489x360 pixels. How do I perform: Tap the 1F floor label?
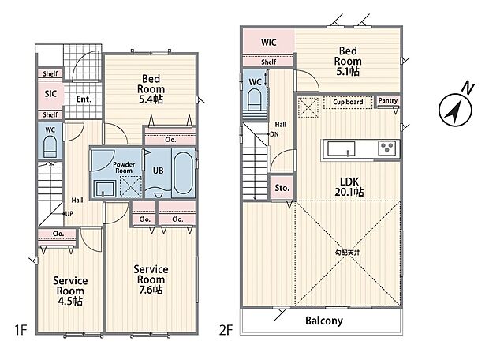[x=21, y=330]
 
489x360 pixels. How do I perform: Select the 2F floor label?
[x=226, y=330]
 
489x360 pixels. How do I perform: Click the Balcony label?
[x=324, y=321]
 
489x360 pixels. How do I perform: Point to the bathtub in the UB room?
[x=183, y=173]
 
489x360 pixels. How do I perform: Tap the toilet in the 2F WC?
[x=254, y=100]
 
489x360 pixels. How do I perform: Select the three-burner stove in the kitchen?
[x=387, y=148]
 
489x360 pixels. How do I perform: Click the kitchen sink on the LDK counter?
[x=341, y=148]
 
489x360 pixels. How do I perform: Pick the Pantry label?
[x=387, y=100]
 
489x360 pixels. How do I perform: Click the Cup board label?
[x=348, y=102]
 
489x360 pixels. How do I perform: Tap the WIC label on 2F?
[x=268, y=42]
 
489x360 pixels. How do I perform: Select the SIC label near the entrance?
[x=50, y=93]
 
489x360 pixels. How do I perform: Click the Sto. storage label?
[x=282, y=188]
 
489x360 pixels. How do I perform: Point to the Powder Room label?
[x=124, y=167]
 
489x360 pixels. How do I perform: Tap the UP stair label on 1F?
[x=69, y=214]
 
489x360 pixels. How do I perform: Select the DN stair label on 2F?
[x=274, y=134]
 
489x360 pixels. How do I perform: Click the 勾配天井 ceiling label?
[x=347, y=253]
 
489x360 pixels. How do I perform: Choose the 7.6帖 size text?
[x=151, y=290]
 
